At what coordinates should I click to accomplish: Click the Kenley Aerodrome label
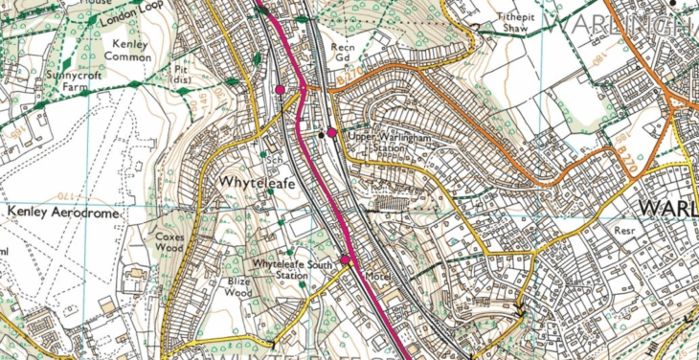[62, 213]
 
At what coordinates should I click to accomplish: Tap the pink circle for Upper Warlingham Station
[331, 133]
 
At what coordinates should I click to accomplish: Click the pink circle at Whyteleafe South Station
[345, 259]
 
